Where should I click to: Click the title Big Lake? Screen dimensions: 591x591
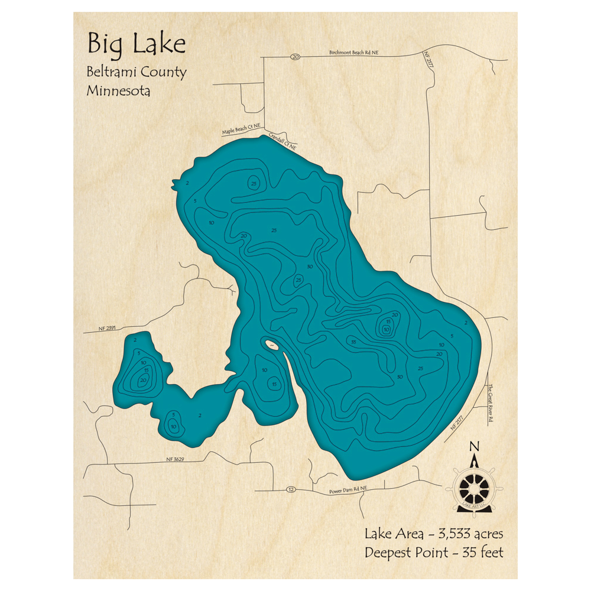click(x=136, y=45)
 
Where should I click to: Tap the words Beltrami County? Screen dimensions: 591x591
click(x=137, y=73)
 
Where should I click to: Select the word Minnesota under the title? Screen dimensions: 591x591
click(x=118, y=92)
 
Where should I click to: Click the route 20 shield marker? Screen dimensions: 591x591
click(x=295, y=57)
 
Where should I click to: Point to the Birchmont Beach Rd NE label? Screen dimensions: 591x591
click(x=353, y=53)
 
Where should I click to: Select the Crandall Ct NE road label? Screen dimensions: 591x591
click(x=282, y=140)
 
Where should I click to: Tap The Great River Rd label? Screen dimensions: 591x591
click(x=490, y=404)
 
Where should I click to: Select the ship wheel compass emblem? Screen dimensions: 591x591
click(x=473, y=488)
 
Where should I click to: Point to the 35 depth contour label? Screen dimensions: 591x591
click(x=353, y=342)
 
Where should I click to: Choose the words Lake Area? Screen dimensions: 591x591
click(x=394, y=534)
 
